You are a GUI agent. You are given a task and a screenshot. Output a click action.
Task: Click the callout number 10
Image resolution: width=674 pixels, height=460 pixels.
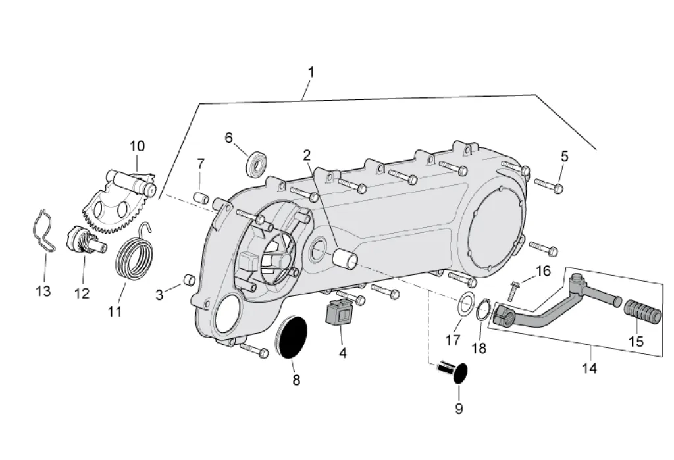138,146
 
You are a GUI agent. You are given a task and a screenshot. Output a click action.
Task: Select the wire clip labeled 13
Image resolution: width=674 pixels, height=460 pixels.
45,231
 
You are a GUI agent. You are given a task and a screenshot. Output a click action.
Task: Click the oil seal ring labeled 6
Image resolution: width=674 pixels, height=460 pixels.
257,163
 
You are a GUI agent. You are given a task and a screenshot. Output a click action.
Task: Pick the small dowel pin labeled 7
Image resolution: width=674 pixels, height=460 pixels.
201,198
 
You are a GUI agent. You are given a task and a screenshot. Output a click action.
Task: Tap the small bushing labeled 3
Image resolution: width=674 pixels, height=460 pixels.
190,280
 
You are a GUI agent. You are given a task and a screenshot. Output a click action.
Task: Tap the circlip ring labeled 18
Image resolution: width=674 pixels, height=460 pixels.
482,311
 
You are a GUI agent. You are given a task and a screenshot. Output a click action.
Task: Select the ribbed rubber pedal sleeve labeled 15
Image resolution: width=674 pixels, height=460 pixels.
644,312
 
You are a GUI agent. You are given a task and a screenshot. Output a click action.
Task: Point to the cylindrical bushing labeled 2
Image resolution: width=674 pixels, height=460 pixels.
346,257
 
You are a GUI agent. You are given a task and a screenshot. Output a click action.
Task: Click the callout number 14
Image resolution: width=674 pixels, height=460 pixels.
590,369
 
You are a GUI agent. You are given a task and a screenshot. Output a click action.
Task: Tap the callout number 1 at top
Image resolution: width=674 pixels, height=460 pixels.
311,72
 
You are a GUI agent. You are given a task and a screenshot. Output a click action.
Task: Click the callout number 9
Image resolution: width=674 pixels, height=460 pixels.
459,409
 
